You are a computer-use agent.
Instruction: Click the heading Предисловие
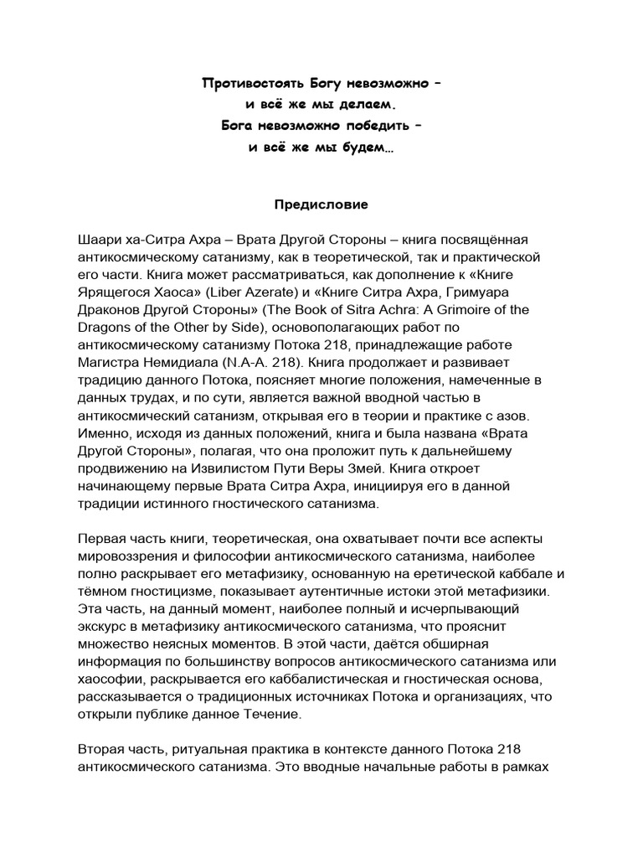pyautogui.click(x=322, y=203)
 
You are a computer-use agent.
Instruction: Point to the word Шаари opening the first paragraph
pyautogui.click(x=98, y=240)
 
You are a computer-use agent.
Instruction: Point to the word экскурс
pyautogui.click(x=105, y=627)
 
